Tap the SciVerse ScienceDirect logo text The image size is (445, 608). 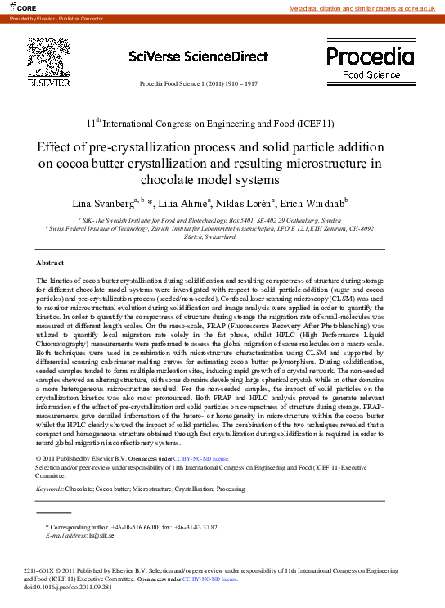pos(198,56)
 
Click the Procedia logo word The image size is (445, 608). pos(370,56)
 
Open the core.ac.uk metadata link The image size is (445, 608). pos(365,8)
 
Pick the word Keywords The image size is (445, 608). pos(50,488)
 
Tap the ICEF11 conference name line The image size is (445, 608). pos(210,124)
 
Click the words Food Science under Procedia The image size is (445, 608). pos(371,74)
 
